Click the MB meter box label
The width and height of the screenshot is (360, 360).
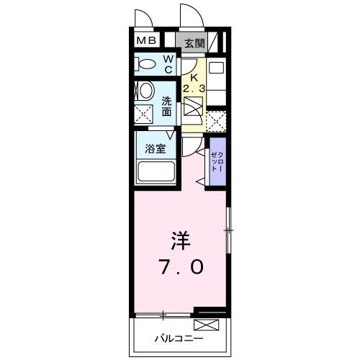tap(146, 40)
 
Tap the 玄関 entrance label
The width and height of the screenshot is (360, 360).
tap(194, 44)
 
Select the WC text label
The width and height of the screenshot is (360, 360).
tap(168, 64)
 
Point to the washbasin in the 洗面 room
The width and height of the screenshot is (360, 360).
tap(146, 91)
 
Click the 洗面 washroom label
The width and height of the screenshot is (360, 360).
tap(166, 106)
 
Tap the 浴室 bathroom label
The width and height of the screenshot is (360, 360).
tap(156, 149)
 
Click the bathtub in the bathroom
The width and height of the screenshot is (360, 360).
tap(156, 171)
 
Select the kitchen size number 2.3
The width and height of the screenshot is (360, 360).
tap(194, 89)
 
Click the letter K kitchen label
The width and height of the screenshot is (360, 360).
tap(194, 77)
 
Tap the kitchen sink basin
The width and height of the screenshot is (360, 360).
tap(216, 68)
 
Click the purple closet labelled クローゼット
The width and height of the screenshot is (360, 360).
tap(218, 161)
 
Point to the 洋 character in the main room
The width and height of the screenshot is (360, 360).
tap(181, 240)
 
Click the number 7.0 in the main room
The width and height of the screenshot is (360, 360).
tap(181, 267)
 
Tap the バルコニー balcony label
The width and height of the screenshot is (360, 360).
tap(179, 338)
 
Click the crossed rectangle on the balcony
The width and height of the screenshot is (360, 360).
tap(207, 325)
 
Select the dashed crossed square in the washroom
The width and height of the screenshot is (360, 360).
tap(143, 114)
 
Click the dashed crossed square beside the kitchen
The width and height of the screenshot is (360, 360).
tap(216, 121)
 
